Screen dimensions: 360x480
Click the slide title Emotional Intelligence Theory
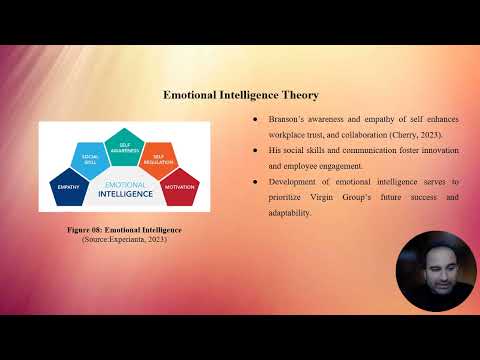(241, 96)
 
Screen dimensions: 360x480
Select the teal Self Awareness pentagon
(124, 147)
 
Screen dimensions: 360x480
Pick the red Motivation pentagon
(180, 186)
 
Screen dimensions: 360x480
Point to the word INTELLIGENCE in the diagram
(124, 193)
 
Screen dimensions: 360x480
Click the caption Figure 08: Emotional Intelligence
(124, 230)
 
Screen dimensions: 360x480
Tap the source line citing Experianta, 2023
(124, 238)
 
